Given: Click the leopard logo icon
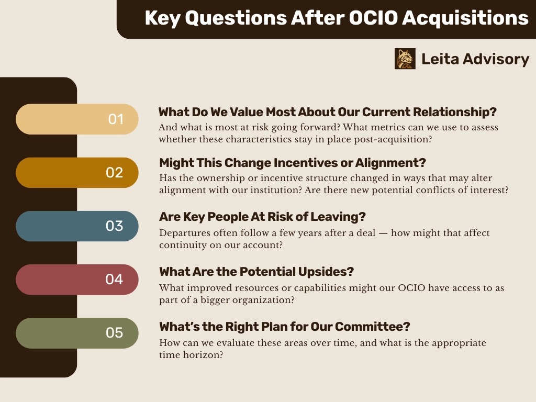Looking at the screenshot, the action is tap(405, 59).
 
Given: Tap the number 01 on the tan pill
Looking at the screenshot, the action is tap(116, 119).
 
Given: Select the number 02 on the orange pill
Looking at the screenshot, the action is tap(114, 173).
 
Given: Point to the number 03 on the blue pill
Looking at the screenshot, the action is tap(114, 226).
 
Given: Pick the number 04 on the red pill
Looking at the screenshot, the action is tap(114, 280).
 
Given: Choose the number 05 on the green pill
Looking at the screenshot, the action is tap(114, 332).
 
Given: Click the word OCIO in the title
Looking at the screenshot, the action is tap(373, 18).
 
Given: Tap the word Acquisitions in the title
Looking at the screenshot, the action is tap(465, 18).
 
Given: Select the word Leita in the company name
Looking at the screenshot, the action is tap(440, 59).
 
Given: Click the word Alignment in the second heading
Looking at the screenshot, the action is tap(390, 163).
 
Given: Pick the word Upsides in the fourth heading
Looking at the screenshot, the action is tap(326, 272).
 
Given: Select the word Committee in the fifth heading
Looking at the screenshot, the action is tap(372, 327).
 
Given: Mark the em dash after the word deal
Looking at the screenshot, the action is tap(383, 233).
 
